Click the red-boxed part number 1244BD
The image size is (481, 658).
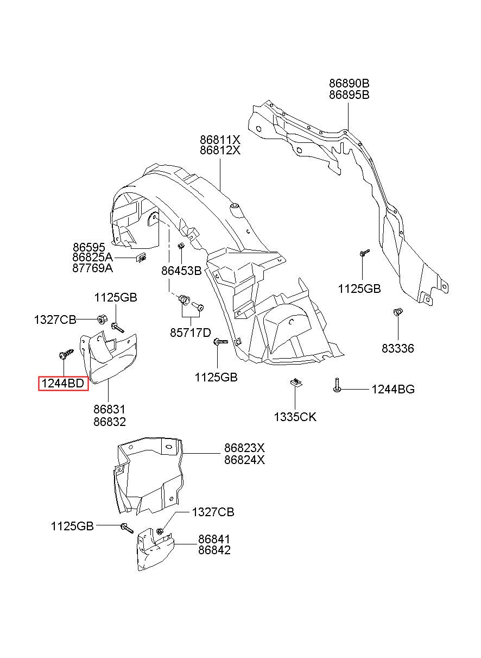tap(63, 384)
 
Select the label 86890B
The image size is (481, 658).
tap(349, 84)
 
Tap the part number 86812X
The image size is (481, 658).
tap(220, 151)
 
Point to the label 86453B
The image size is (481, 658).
tap(181, 271)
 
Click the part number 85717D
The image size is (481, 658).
tap(191, 333)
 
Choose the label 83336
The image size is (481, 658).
tap(397, 348)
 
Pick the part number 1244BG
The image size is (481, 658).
tap(393, 389)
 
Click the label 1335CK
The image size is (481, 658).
tap(295, 417)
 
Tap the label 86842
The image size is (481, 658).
tap(214, 550)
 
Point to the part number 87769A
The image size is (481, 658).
tap(92, 268)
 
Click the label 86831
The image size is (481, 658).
tap(110, 409)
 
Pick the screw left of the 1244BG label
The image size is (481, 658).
tap(337, 385)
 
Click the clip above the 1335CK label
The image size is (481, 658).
tap(296, 383)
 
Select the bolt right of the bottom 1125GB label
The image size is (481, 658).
tap(127, 528)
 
